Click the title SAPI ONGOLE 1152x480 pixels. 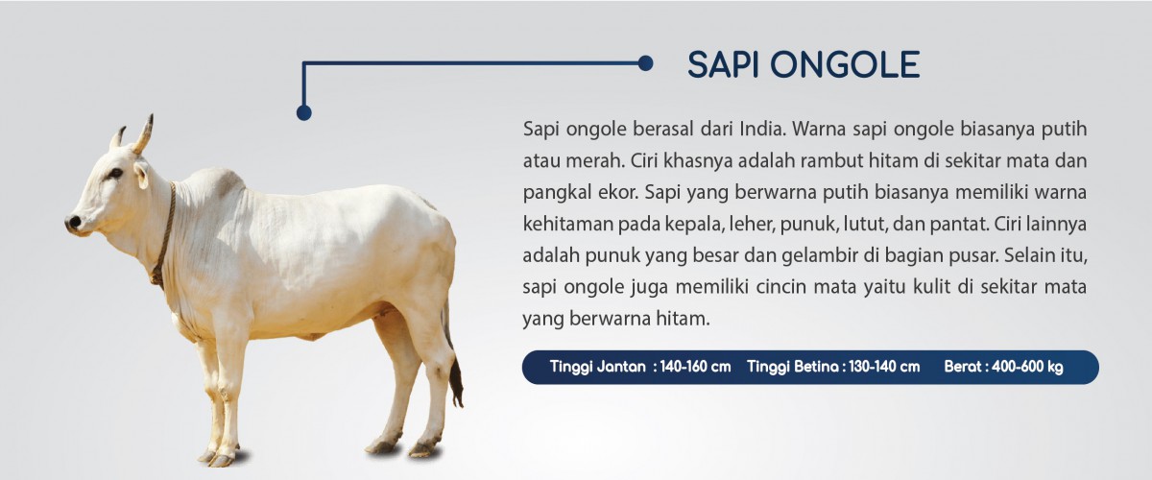(804, 65)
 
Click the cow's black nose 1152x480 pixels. (73, 223)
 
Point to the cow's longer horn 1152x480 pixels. (143, 134)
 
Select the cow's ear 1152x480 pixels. (141, 174)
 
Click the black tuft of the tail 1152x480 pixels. (456, 382)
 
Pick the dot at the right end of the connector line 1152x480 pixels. (645, 63)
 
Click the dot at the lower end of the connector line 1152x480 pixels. (304, 112)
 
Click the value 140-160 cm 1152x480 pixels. (695, 367)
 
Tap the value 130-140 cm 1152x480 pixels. (884, 367)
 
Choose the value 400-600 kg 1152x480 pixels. (1027, 367)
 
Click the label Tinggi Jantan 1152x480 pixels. (597, 367)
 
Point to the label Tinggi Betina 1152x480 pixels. (793, 367)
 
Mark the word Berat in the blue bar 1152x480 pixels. (963, 367)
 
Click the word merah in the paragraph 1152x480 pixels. (595, 161)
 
